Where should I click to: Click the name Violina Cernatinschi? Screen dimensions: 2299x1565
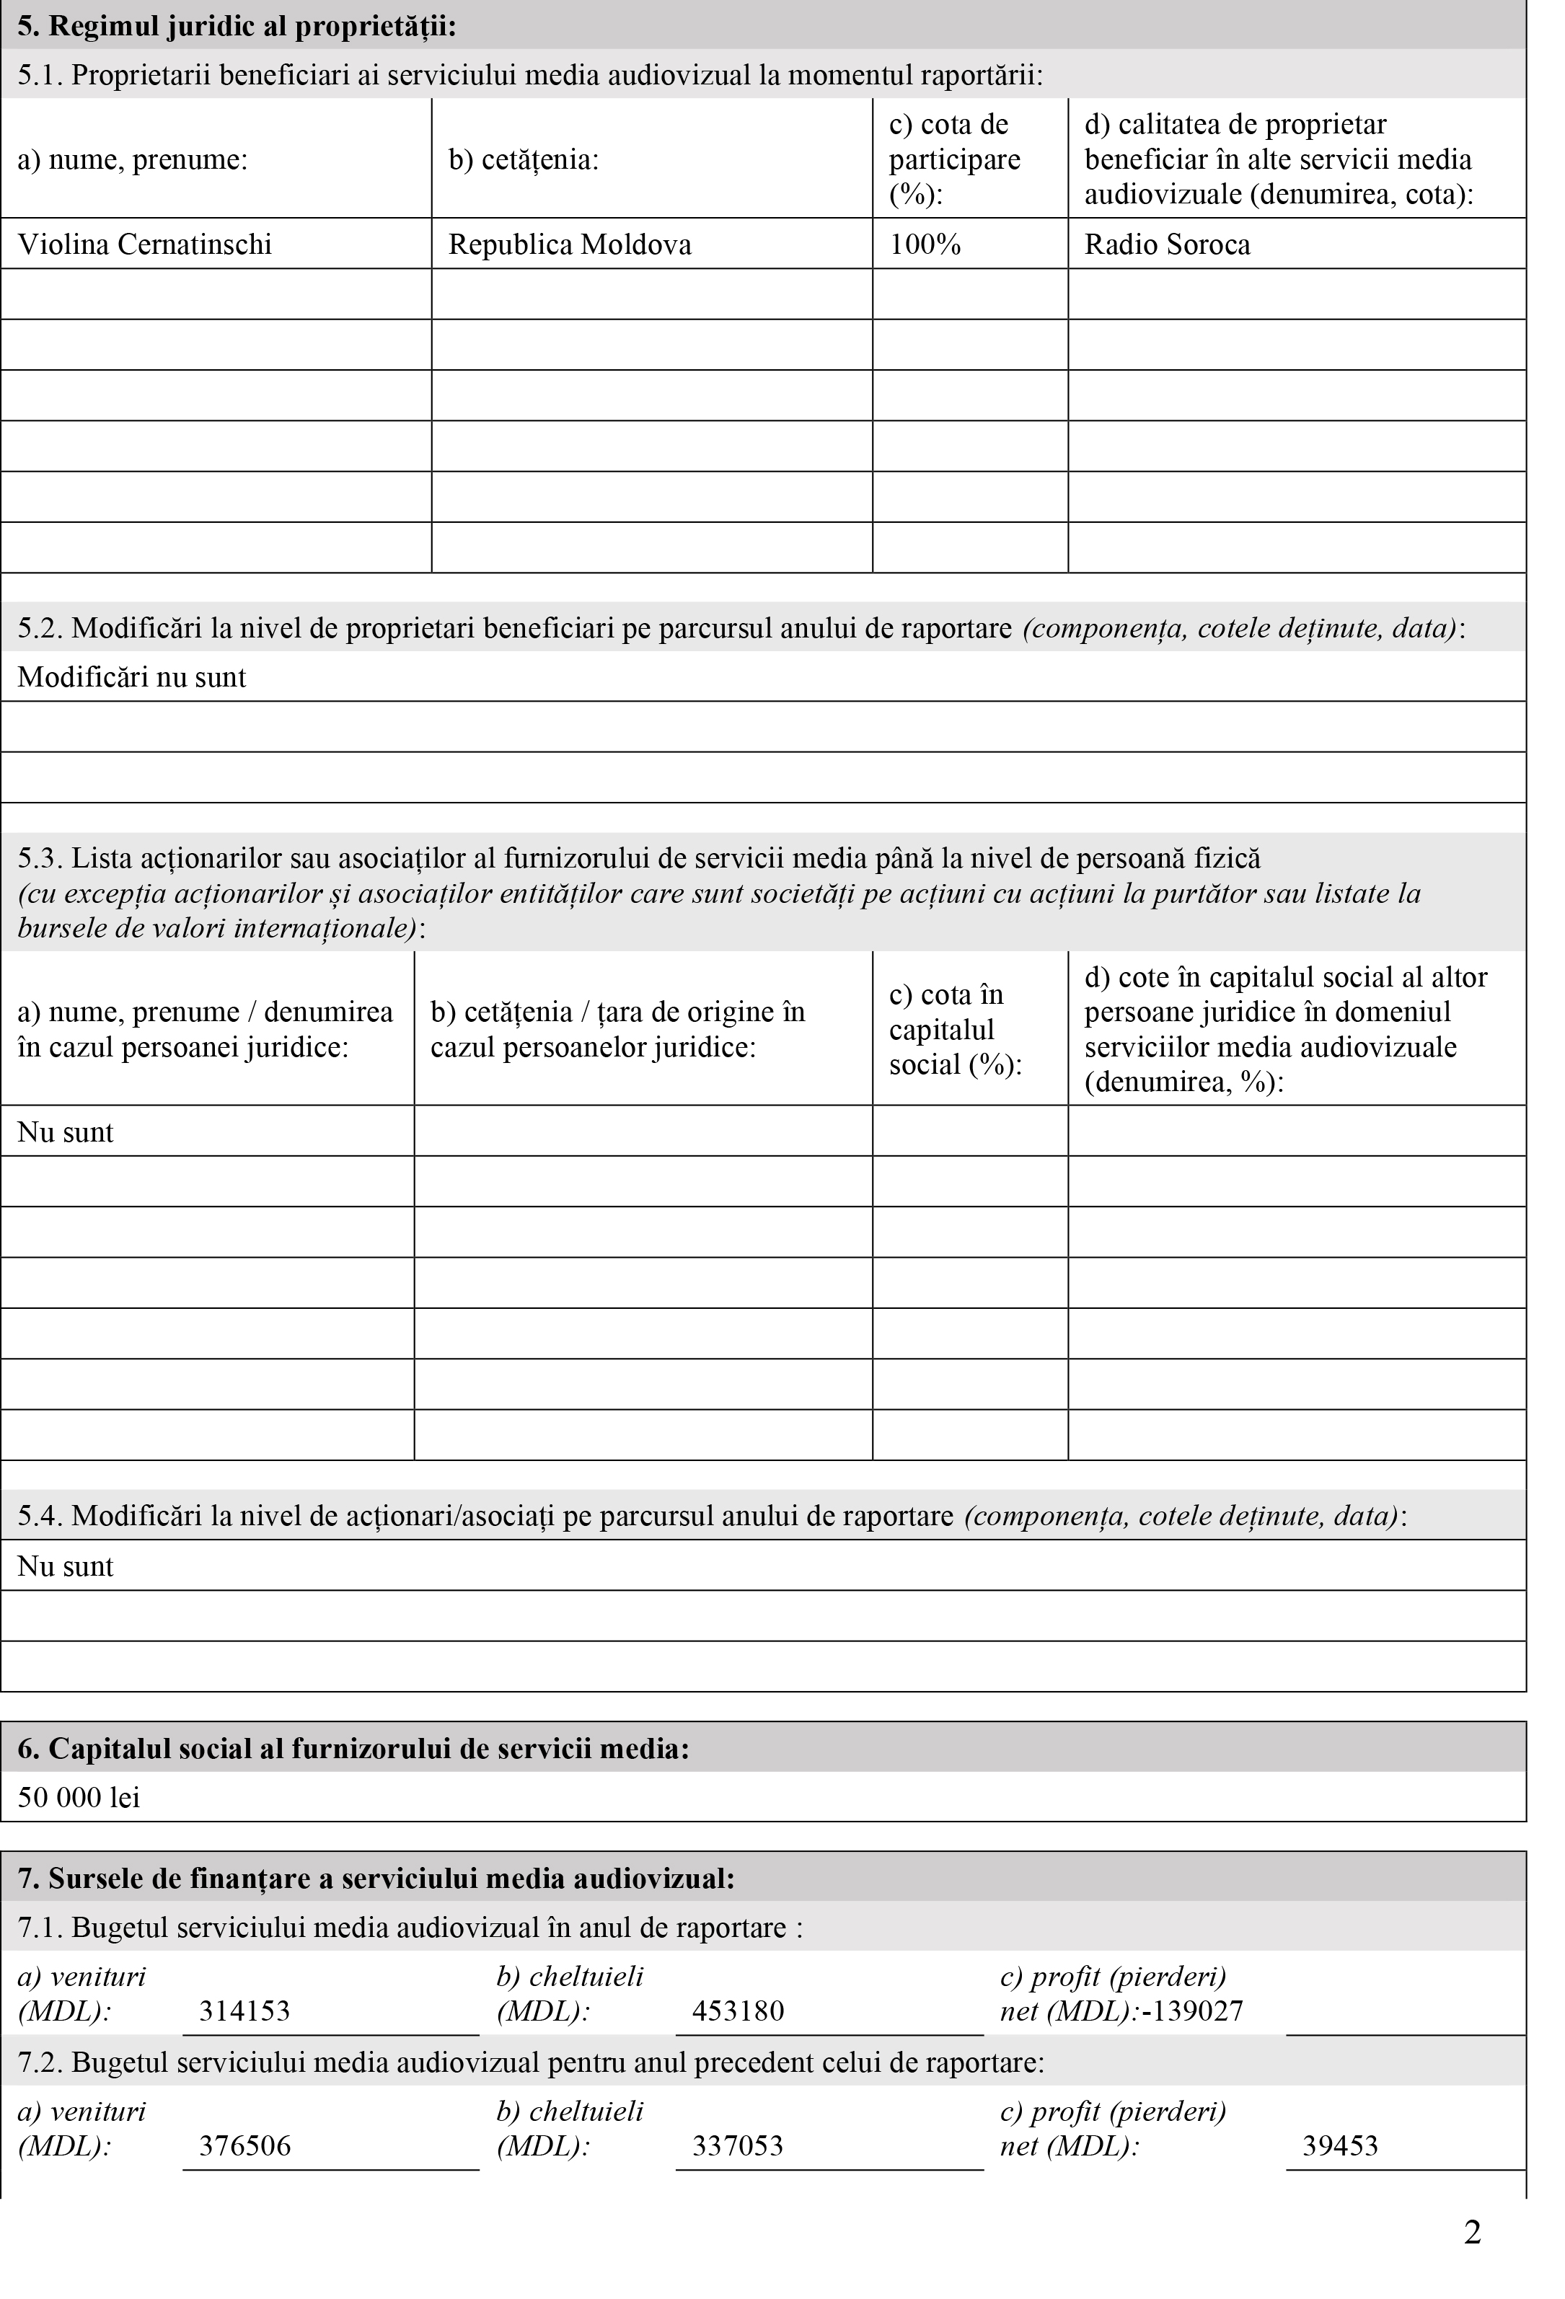[144, 244]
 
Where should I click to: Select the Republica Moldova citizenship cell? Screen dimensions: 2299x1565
[570, 244]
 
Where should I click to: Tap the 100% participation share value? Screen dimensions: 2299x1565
[925, 244]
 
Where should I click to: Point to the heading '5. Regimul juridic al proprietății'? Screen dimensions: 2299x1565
[237, 27]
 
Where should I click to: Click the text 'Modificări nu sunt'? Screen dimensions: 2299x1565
[131, 678]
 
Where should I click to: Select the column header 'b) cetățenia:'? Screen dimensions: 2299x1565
[524, 159]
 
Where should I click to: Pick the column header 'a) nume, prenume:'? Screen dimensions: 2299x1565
[133, 159]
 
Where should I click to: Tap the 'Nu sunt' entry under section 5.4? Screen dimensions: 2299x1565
[66, 1566]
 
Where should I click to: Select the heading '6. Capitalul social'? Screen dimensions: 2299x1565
[353, 1749]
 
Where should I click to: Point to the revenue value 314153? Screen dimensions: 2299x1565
[244, 2011]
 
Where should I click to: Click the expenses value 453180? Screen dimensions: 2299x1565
[738, 2011]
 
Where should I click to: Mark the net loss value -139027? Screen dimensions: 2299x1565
[1192, 2011]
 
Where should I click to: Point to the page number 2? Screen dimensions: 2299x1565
[1472, 2233]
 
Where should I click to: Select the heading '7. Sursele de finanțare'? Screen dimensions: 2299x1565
[376, 1878]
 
